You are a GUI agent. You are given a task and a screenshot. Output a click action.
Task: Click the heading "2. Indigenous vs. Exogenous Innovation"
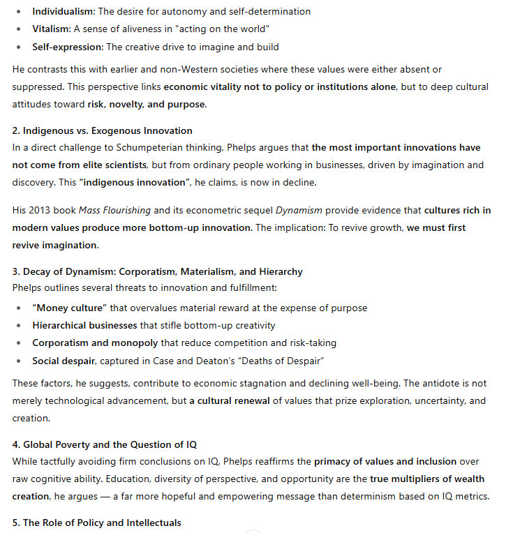102,130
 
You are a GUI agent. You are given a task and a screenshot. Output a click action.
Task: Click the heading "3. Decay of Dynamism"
157,271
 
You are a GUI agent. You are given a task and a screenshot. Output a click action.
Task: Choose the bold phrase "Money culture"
70,308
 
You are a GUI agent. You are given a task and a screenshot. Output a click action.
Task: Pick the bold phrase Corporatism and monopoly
95,343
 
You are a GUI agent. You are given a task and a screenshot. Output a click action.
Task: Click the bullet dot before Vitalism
20,29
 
